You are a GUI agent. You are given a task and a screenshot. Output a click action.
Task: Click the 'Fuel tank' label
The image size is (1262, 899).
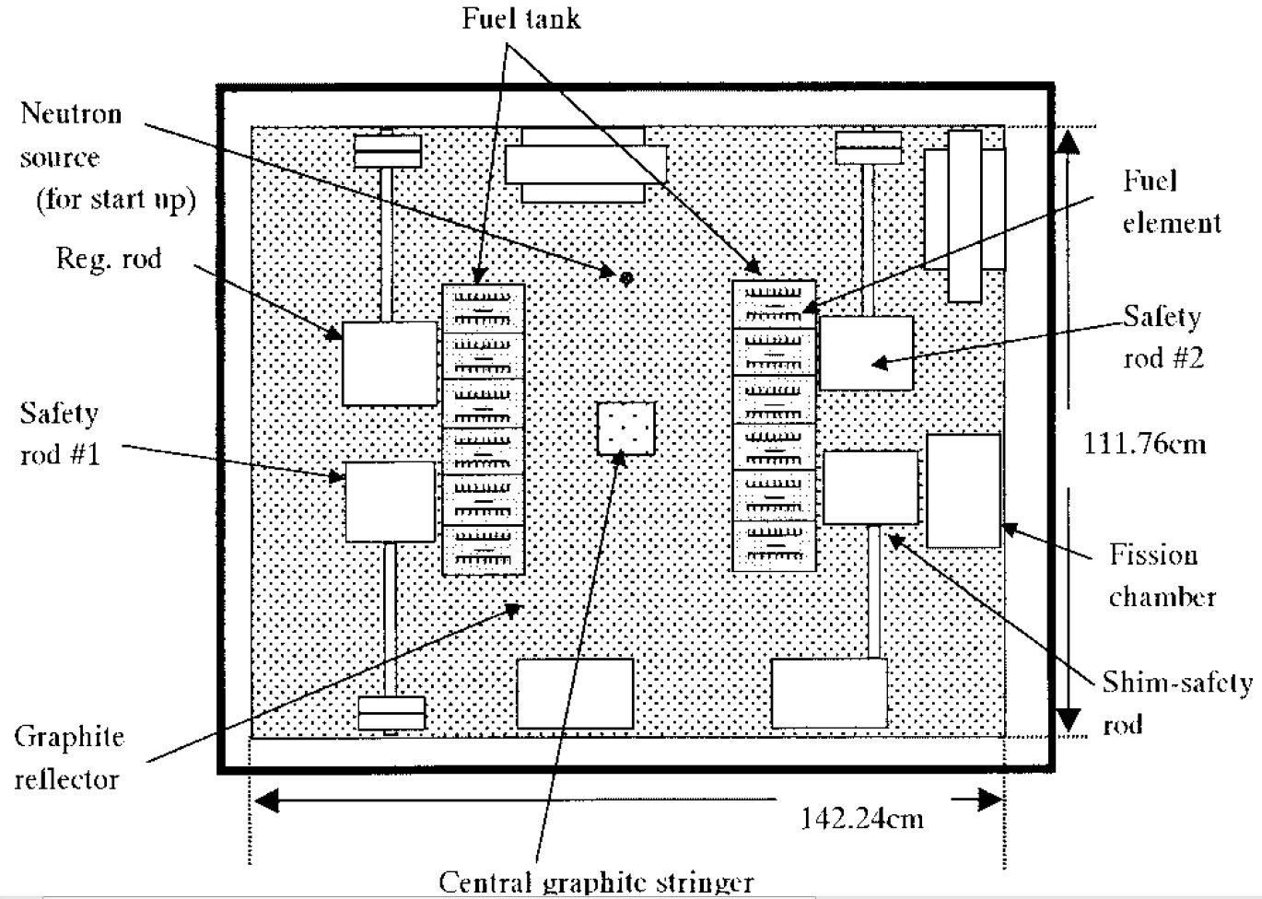click(x=521, y=18)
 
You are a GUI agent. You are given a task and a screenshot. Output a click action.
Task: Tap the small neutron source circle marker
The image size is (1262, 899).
click(x=626, y=277)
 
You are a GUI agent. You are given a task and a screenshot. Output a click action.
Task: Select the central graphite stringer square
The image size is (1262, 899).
click(x=625, y=428)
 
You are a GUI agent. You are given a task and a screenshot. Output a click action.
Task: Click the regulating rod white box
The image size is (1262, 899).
click(x=390, y=363)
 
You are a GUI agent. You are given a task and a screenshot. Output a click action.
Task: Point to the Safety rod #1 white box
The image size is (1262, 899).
click(x=390, y=502)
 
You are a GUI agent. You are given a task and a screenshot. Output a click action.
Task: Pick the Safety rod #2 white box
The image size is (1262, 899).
click(x=866, y=353)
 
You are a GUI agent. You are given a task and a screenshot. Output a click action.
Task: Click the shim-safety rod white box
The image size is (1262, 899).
click(x=871, y=487)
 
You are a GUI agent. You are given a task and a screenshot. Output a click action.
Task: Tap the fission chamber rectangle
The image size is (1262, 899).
click(x=964, y=491)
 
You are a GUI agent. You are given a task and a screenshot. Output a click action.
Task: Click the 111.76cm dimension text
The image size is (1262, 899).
click(x=1144, y=444)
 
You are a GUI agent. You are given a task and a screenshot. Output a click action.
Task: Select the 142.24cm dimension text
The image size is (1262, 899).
click(x=861, y=818)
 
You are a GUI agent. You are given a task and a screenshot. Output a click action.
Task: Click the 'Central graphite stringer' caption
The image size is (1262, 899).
click(x=596, y=881)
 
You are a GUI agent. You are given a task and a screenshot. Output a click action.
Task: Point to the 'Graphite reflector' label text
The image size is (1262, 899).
click(x=68, y=757)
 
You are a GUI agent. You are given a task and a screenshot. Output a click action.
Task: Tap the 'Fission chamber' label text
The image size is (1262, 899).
click(x=1161, y=576)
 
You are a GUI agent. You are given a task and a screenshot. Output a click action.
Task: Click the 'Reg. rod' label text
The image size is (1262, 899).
click(x=109, y=259)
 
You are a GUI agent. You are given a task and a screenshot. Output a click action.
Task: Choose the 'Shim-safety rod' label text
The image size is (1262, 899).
click(x=1174, y=703)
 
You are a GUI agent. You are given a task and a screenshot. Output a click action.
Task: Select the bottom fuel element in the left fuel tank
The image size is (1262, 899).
click(x=484, y=550)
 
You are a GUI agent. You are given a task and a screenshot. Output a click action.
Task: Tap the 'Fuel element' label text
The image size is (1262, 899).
click(x=1171, y=202)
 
